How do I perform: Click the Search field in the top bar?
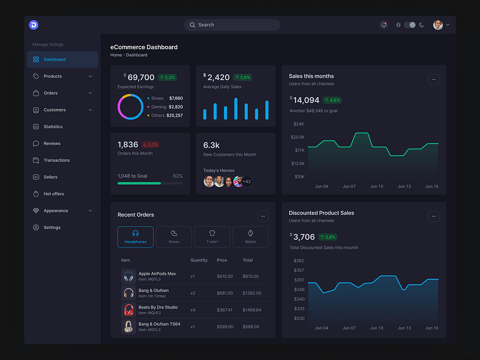tap(232, 25)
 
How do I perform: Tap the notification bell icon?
tap(384, 25)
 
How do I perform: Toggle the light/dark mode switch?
tap(410, 25)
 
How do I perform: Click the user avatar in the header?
tap(438, 25)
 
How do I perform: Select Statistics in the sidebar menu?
tap(53, 127)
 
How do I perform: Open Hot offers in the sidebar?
tap(53, 194)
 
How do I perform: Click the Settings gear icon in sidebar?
tap(36, 227)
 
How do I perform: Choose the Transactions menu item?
tap(56, 160)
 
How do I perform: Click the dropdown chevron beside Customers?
tap(90, 110)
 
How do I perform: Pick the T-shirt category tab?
tap(212, 237)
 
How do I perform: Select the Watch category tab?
tap(250, 237)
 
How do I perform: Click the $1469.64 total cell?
tap(252, 310)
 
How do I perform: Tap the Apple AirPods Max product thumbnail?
tap(128, 276)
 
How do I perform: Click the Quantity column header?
tap(199, 260)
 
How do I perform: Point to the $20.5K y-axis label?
tap(299, 137)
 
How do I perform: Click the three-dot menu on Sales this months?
tap(434, 80)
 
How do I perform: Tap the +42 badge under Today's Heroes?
tap(247, 181)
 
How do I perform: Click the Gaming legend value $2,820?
tap(176, 107)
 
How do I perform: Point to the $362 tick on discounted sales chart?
tap(299, 261)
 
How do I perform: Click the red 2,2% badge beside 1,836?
tap(150, 145)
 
